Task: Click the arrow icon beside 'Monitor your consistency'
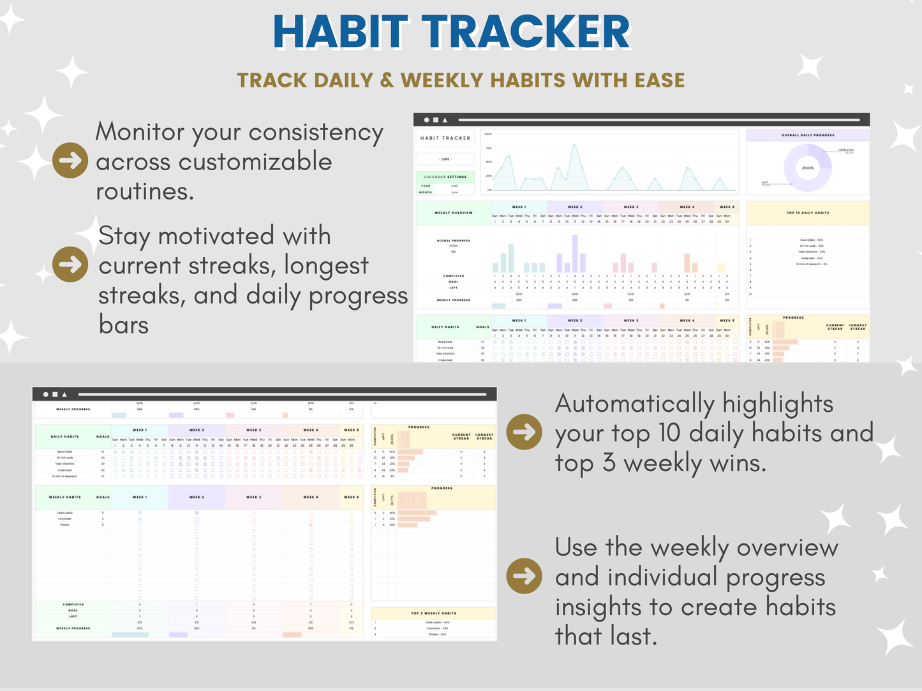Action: tap(70, 160)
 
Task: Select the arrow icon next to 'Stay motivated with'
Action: tap(70, 263)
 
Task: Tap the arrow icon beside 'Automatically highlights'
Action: tap(524, 432)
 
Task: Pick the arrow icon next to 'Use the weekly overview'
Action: tap(524, 576)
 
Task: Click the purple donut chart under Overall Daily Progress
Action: tap(808, 168)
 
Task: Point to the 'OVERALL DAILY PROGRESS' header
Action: tap(808, 135)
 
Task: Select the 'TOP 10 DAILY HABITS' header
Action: tap(808, 213)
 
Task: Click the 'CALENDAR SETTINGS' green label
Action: tap(445, 177)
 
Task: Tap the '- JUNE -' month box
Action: tap(445, 159)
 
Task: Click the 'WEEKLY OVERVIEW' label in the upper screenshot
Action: tap(454, 213)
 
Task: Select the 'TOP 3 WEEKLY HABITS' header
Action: tap(433, 613)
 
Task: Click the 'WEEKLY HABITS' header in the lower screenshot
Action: tap(65, 497)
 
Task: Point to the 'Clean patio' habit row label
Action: tap(65, 513)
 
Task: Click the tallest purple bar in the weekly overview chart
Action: tap(576, 254)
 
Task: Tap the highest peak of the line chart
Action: tap(575, 146)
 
